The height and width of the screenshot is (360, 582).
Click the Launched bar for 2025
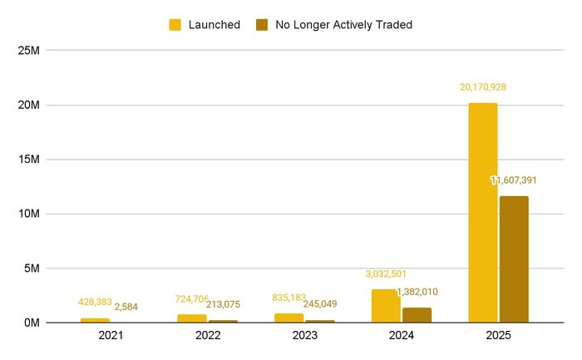[482, 213]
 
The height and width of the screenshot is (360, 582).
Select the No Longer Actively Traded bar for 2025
[514, 259]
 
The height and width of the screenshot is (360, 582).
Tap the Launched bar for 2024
[385, 306]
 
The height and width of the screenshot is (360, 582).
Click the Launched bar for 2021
[95, 320]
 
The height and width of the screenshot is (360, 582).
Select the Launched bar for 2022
[192, 318]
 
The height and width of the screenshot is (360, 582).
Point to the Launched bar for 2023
[289, 318]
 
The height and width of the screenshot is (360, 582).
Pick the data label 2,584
[126, 308]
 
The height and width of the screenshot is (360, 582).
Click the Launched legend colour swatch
[175, 25]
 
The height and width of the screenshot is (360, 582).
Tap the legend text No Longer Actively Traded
[346, 25]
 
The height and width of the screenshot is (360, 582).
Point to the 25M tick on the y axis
[30, 51]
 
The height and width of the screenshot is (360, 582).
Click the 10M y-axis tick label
[30, 214]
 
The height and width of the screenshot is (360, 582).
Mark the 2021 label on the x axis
[111, 337]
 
